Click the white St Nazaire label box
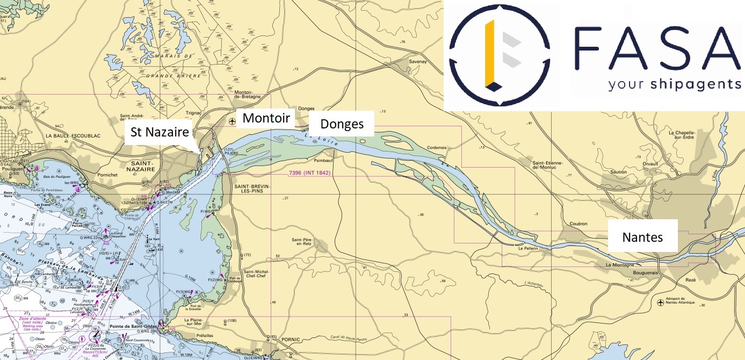[x=160, y=132]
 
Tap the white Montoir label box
[x=266, y=118]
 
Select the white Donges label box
[x=342, y=124]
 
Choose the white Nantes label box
[x=642, y=237]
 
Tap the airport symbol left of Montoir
[x=232, y=121]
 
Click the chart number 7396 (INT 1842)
[x=309, y=173]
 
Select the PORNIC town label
[x=290, y=340]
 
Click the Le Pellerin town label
[x=528, y=249]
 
